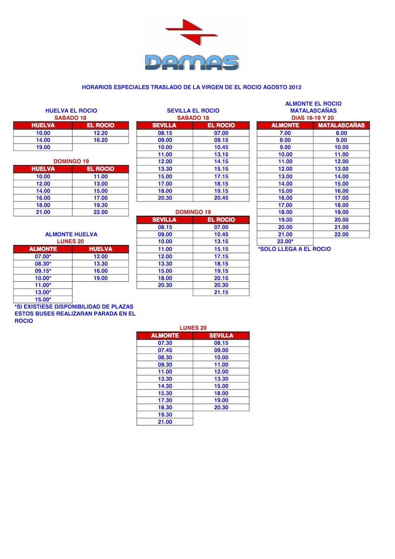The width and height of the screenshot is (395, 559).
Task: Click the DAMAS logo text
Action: coord(191,62)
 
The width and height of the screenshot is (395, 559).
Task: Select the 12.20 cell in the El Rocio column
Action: coord(100,133)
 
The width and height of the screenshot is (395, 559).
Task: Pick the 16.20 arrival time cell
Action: coord(100,140)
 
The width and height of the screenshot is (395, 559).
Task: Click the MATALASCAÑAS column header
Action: coord(342,126)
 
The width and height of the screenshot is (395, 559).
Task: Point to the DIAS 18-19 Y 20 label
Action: coord(313,118)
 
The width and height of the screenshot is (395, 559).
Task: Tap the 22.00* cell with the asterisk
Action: coord(285,241)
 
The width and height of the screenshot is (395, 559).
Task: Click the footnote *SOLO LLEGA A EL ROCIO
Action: coord(295,249)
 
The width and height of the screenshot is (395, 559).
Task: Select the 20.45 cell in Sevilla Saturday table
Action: coord(221,198)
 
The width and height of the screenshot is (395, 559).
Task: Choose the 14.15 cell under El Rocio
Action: coord(221,162)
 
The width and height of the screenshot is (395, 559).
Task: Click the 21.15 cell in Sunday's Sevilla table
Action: coord(221,292)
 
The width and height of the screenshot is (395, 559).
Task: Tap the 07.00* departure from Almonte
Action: coord(43,257)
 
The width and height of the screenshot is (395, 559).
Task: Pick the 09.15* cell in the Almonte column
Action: coord(43,271)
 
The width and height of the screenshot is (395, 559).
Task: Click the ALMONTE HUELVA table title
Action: coord(71,234)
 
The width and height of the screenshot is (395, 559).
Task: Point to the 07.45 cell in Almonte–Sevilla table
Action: coord(165,350)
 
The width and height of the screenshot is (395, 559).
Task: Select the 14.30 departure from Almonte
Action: coord(165,386)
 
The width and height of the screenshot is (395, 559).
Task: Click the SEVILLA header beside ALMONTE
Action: coord(221,335)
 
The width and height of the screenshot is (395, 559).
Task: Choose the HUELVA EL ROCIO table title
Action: coord(71,111)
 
